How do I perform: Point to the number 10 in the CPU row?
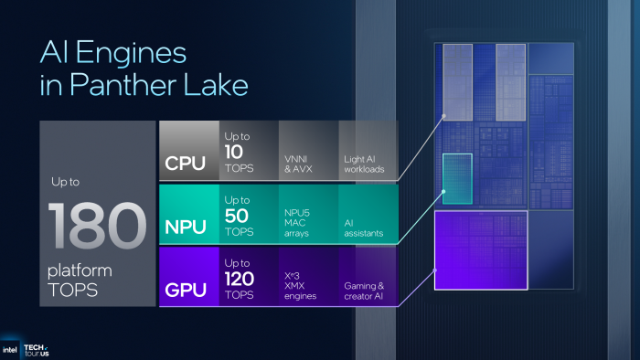click(x=234, y=150)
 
